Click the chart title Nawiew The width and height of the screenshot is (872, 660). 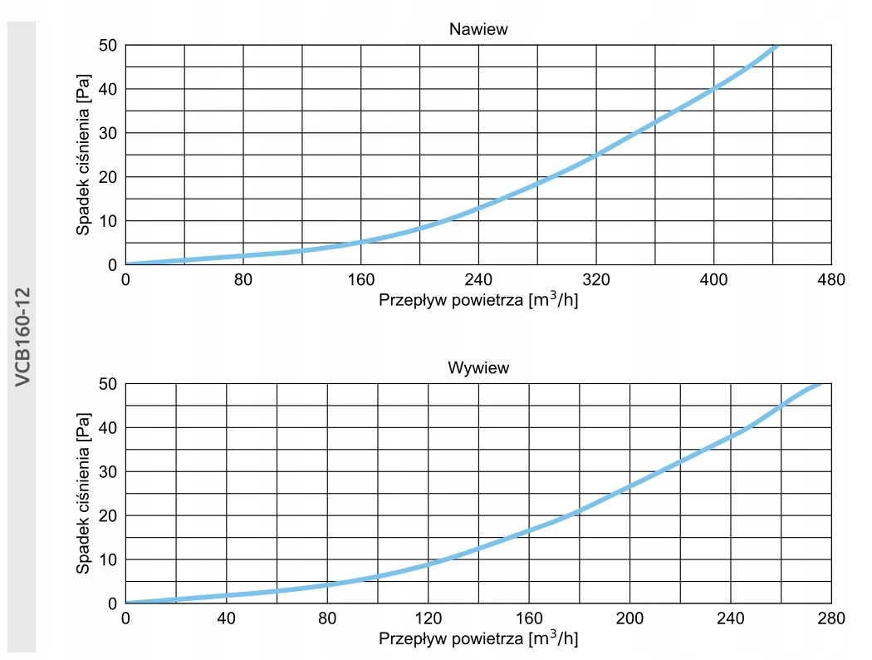478,29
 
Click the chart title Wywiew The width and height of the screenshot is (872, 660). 478,367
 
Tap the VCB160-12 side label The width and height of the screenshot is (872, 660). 22,335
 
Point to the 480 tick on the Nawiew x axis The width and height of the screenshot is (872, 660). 830,280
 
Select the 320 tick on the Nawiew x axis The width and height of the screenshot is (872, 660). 595,280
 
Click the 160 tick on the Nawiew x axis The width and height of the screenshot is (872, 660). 360,280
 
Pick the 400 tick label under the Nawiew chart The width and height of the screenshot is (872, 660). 713,280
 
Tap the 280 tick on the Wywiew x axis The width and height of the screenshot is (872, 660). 830,618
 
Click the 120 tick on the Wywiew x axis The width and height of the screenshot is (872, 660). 428,618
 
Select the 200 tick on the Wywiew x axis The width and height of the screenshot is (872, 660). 630,618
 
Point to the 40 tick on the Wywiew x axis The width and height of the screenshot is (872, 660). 226,618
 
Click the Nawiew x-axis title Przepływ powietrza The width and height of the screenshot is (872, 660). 478,300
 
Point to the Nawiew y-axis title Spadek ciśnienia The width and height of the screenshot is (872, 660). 84,155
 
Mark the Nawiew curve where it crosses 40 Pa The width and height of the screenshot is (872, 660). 713,89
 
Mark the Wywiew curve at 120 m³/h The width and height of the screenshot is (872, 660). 428,564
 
